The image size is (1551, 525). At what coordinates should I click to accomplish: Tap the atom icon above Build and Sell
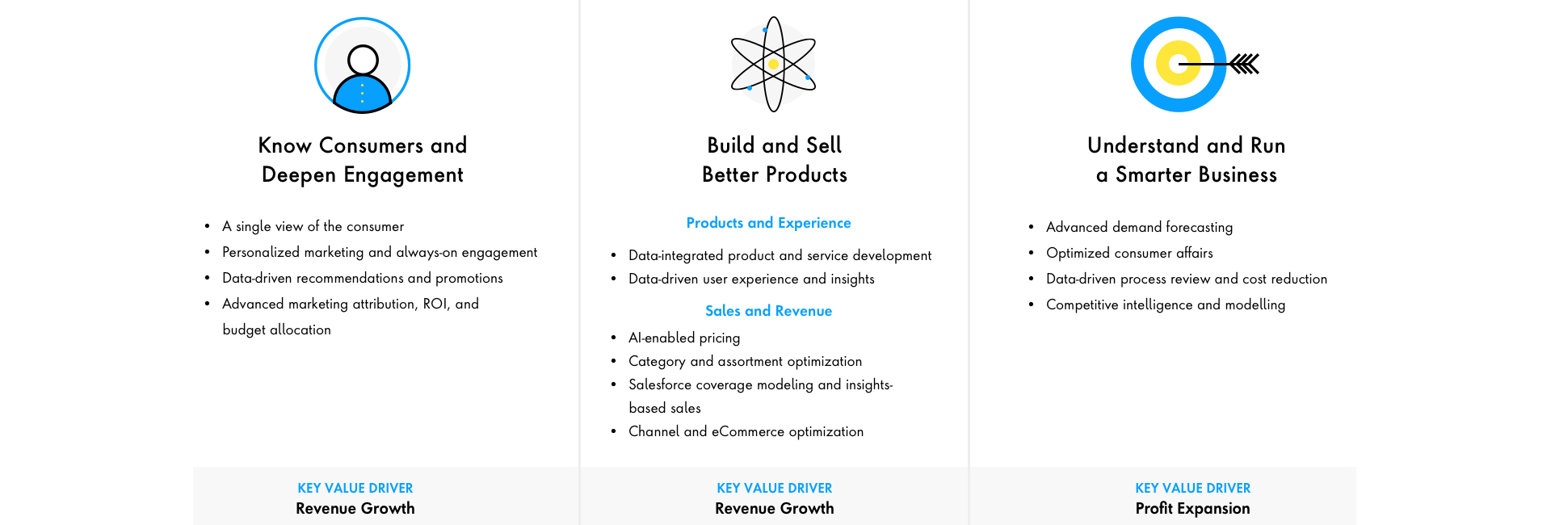click(773, 64)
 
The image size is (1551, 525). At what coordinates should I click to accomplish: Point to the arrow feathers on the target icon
click(1245, 64)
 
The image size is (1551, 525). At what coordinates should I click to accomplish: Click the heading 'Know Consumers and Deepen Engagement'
click(363, 160)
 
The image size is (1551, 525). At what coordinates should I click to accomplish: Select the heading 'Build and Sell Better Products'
click(774, 160)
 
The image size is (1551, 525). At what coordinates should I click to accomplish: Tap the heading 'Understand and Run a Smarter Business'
click(1186, 160)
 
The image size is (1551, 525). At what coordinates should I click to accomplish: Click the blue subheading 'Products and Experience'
click(768, 223)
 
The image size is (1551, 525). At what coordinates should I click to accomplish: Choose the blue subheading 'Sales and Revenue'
click(768, 311)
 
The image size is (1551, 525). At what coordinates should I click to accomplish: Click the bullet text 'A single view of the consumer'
click(313, 227)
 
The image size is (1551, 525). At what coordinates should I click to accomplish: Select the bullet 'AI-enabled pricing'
click(684, 338)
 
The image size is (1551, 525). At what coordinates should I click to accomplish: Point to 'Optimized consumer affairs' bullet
click(1129, 254)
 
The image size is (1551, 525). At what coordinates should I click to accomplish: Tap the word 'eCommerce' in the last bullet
click(747, 432)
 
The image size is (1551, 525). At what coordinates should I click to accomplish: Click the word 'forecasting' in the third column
click(1199, 228)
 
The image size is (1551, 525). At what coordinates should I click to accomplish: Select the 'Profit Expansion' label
click(1192, 509)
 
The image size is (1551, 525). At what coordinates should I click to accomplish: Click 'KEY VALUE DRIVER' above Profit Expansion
click(1192, 488)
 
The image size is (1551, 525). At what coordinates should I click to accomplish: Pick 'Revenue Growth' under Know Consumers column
click(355, 509)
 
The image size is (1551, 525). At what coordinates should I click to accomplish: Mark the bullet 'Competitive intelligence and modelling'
click(1165, 305)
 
